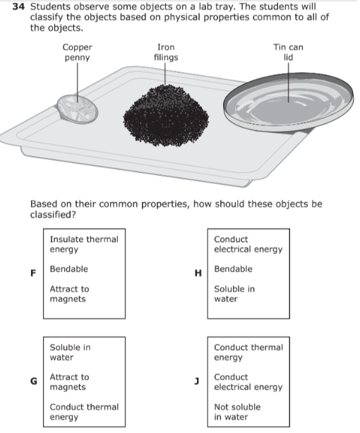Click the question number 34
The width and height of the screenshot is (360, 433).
coord(18,6)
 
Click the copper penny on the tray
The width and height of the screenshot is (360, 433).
coord(78,109)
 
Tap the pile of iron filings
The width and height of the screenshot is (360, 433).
coord(166,116)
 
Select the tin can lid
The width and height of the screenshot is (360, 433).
coord(289,102)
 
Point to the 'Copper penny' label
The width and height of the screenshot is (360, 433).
coord(78,52)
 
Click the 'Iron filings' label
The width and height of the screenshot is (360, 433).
coord(166,52)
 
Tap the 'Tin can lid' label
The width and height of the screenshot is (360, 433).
coord(289,52)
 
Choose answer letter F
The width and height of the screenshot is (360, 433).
coord(33,273)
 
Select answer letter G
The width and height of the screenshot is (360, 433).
coord(33,381)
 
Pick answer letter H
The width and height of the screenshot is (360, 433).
coord(198,273)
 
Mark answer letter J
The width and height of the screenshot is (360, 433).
coord(197,382)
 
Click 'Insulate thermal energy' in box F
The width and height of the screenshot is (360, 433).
coord(84,245)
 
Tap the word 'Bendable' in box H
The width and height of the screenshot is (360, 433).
coord(233,269)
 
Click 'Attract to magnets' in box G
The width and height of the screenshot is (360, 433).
coord(69,382)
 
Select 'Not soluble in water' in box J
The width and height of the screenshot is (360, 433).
coord(237,412)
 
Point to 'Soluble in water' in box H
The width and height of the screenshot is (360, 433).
coord(234,294)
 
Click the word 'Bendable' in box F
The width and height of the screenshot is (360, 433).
coord(69,269)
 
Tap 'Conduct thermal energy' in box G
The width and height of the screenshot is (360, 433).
coord(84,412)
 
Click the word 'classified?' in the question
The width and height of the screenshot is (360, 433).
coord(53,215)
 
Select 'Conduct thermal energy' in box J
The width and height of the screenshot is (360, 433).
coord(248,353)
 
